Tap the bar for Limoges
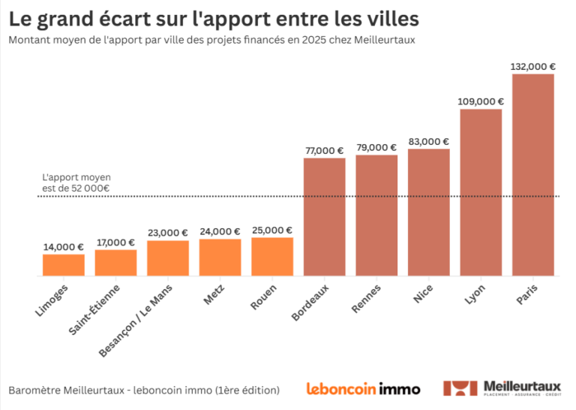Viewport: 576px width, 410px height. (x=64, y=265)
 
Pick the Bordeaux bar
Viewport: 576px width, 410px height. (x=324, y=217)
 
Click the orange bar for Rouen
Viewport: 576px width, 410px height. (x=272, y=257)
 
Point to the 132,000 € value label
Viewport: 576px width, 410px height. (x=532, y=66)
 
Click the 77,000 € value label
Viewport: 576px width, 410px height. (x=324, y=150)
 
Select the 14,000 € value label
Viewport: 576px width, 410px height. (x=64, y=246)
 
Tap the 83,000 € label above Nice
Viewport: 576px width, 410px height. (x=428, y=141)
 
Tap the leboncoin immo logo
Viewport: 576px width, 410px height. (x=363, y=389)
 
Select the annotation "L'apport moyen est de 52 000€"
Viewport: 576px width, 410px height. (x=76, y=182)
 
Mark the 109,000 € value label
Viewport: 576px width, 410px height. (x=481, y=101)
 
